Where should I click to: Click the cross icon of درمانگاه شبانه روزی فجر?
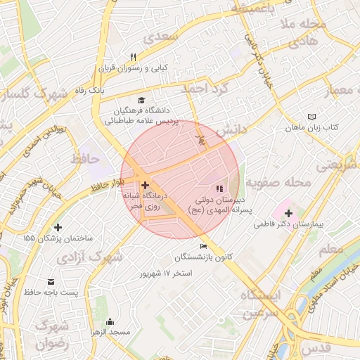tap(146, 184)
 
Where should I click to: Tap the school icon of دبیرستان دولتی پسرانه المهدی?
tap(219, 189)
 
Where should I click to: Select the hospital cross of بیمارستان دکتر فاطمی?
tap(288, 213)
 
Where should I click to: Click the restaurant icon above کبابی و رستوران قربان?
tap(132, 58)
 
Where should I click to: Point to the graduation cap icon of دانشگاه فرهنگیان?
tap(141, 101)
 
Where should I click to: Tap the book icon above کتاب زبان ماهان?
tap(312, 117)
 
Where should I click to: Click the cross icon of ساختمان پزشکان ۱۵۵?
tap(58, 227)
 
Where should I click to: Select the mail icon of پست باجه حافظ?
tap(53, 280)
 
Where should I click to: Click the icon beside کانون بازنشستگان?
tap(203, 247)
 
